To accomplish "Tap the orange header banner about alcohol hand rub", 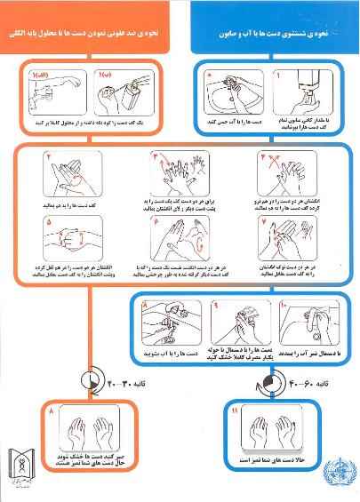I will click(x=94, y=35).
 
